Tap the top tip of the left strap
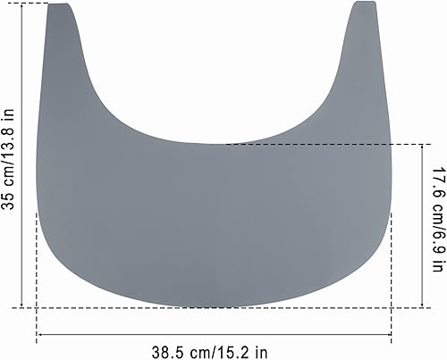(x=61, y=4)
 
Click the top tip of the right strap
(x=364, y=3)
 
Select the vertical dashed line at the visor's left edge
(x=37, y=268)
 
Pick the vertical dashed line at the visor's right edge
(x=392, y=268)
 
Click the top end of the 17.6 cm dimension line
(x=421, y=145)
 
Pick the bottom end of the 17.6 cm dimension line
(x=421, y=307)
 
